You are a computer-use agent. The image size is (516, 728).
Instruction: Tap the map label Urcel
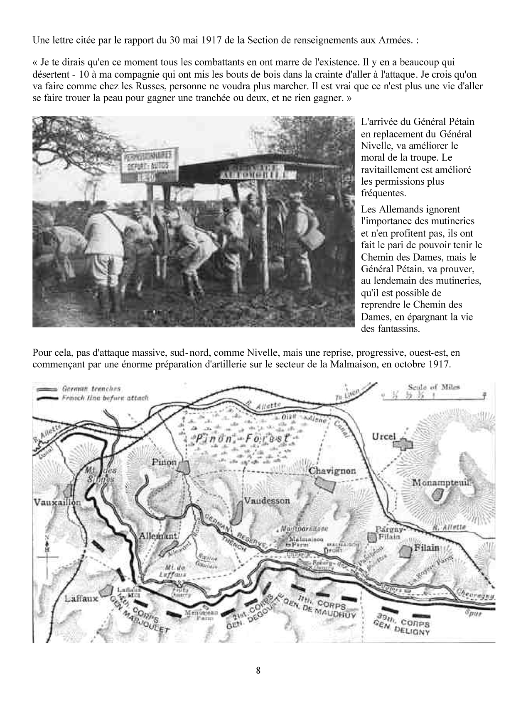(385, 437)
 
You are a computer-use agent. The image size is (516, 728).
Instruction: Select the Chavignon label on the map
(332, 471)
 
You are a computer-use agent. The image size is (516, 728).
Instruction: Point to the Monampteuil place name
(440, 483)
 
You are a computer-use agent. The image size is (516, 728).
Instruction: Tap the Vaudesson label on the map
(267, 501)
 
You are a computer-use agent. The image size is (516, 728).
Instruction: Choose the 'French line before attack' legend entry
(105, 398)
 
